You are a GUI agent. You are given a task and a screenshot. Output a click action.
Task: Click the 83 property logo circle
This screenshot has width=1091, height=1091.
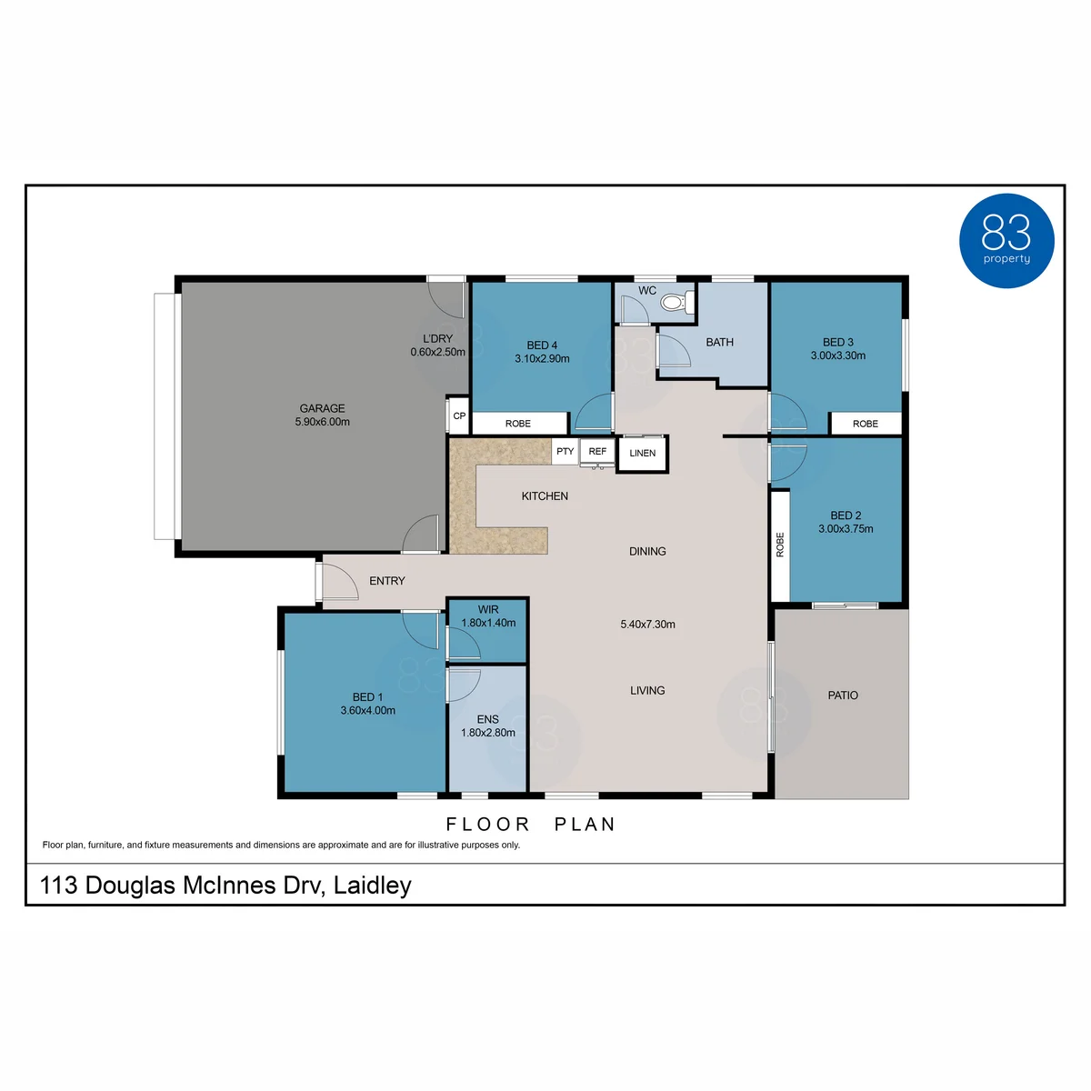[x=1006, y=241]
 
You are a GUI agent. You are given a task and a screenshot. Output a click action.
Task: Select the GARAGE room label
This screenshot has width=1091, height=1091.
[x=322, y=408]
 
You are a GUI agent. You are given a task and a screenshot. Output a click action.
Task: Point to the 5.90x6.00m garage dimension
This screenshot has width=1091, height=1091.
[x=322, y=422]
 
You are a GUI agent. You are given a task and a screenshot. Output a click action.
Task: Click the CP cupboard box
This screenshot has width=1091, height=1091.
[x=458, y=415]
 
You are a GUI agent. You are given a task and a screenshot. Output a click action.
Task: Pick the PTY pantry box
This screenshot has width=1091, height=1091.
[x=565, y=451]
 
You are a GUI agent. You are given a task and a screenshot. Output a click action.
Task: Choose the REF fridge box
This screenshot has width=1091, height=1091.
[x=596, y=451]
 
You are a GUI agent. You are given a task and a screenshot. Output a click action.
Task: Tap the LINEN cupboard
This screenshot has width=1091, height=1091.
[x=642, y=453]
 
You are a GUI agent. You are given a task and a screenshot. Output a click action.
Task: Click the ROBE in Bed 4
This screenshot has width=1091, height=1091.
[x=518, y=423]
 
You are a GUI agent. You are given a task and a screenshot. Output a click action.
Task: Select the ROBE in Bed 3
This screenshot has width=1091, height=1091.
[x=865, y=424]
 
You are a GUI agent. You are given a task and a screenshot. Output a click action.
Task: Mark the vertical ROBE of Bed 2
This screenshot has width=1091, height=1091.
[x=779, y=545]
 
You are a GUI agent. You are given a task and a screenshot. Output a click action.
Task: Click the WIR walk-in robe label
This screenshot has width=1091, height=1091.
[x=487, y=609]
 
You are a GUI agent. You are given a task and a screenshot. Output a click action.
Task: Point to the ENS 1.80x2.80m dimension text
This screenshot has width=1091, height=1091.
[x=487, y=733]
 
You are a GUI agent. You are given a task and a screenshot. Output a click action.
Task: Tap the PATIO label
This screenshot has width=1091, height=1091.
[x=843, y=696]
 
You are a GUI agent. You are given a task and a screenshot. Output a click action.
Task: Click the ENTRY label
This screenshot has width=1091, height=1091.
[x=386, y=581]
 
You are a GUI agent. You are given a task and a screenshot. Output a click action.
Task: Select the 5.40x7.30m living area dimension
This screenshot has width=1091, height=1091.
[x=647, y=625]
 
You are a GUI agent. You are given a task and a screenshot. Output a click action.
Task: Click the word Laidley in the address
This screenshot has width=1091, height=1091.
[x=372, y=886]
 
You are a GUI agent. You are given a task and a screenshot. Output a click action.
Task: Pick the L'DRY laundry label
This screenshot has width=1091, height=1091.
[x=437, y=338]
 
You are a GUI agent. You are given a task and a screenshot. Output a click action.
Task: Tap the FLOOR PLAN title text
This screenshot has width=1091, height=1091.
[x=530, y=825]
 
